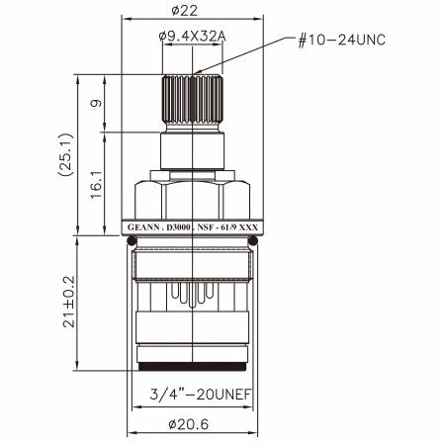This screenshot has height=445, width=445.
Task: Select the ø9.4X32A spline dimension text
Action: pos(193,38)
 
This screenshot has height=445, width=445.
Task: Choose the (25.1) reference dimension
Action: pos(66,154)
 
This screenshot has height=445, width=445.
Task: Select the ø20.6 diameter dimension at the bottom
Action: pos(193,425)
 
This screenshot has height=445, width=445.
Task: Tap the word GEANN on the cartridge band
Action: pos(145,227)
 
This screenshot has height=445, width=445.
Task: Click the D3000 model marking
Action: pos(178,227)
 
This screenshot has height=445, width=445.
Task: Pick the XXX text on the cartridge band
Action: pos(250,227)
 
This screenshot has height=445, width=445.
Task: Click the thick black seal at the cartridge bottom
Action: pos(193,367)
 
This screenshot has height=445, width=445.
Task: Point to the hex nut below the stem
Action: pos(193,195)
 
